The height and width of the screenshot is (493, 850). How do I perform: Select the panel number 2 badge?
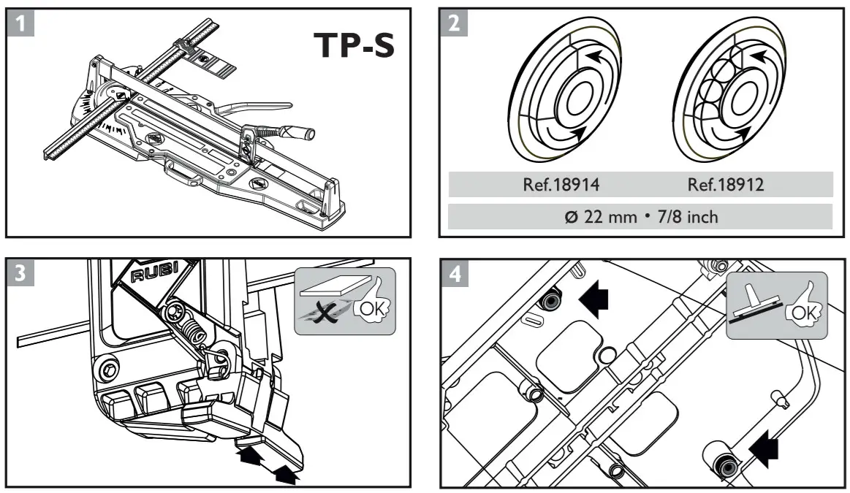(x=454, y=23)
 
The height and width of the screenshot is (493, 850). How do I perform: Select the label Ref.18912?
(x=726, y=185)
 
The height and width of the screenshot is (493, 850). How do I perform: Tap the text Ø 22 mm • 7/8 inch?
(x=641, y=217)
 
